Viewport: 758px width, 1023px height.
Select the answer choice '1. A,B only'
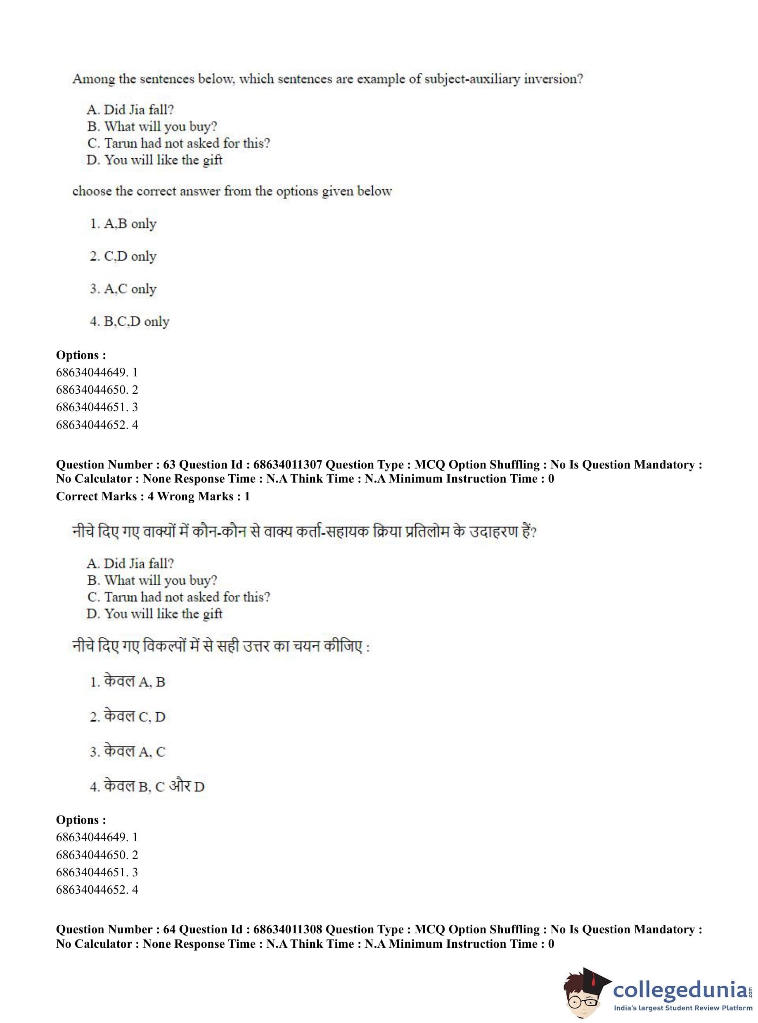coord(123,224)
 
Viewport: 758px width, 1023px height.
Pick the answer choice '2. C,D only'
coord(123,256)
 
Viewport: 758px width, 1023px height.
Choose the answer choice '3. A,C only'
coord(123,289)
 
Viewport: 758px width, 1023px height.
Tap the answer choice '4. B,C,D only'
coord(129,321)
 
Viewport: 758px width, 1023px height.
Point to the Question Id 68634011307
coord(288,465)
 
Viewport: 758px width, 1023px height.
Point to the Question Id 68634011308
coord(288,929)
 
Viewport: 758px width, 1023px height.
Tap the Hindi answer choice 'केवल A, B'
coord(128,681)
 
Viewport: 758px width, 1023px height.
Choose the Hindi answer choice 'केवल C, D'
coord(128,716)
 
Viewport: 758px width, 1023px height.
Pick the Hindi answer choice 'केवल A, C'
coord(128,751)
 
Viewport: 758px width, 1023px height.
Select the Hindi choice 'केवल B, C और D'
coord(147,786)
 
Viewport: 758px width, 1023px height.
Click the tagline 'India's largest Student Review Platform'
coord(683,1008)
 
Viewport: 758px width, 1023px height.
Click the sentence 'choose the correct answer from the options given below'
coord(232,191)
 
